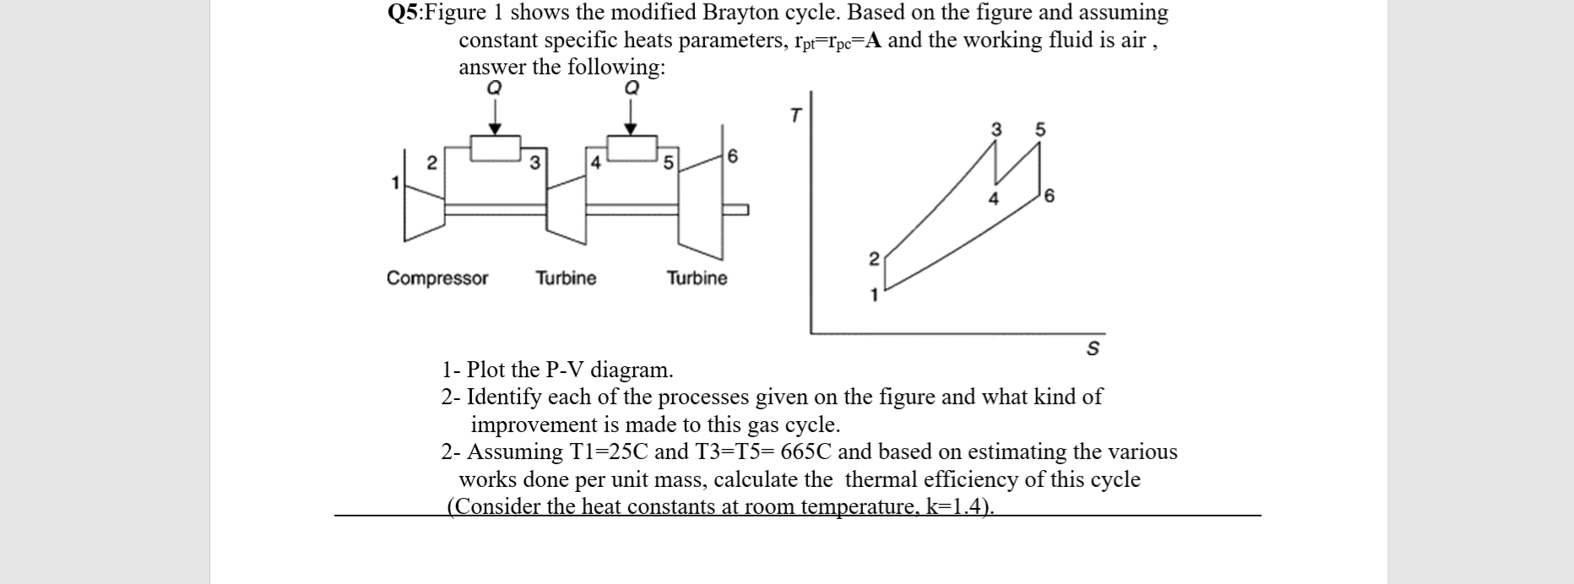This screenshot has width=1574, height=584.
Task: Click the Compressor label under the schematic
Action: tap(437, 278)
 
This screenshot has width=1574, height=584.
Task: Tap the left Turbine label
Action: tap(566, 278)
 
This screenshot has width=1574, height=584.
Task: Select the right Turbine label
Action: tap(697, 278)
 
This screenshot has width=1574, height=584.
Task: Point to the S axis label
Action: tap(1092, 348)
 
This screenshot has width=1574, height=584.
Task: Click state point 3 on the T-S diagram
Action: tap(996, 130)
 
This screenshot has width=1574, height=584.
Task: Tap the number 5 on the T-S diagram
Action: tap(1039, 130)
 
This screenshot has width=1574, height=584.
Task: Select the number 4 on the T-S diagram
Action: tap(993, 199)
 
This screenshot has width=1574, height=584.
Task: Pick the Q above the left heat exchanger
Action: tap(495, 87)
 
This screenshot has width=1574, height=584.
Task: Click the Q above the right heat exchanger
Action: tap(630, 87)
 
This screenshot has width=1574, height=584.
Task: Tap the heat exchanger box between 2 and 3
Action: tap(495, 149)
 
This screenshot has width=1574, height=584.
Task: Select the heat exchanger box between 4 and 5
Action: tap(631, 149)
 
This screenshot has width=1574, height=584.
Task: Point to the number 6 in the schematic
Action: tap(732, 157)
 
